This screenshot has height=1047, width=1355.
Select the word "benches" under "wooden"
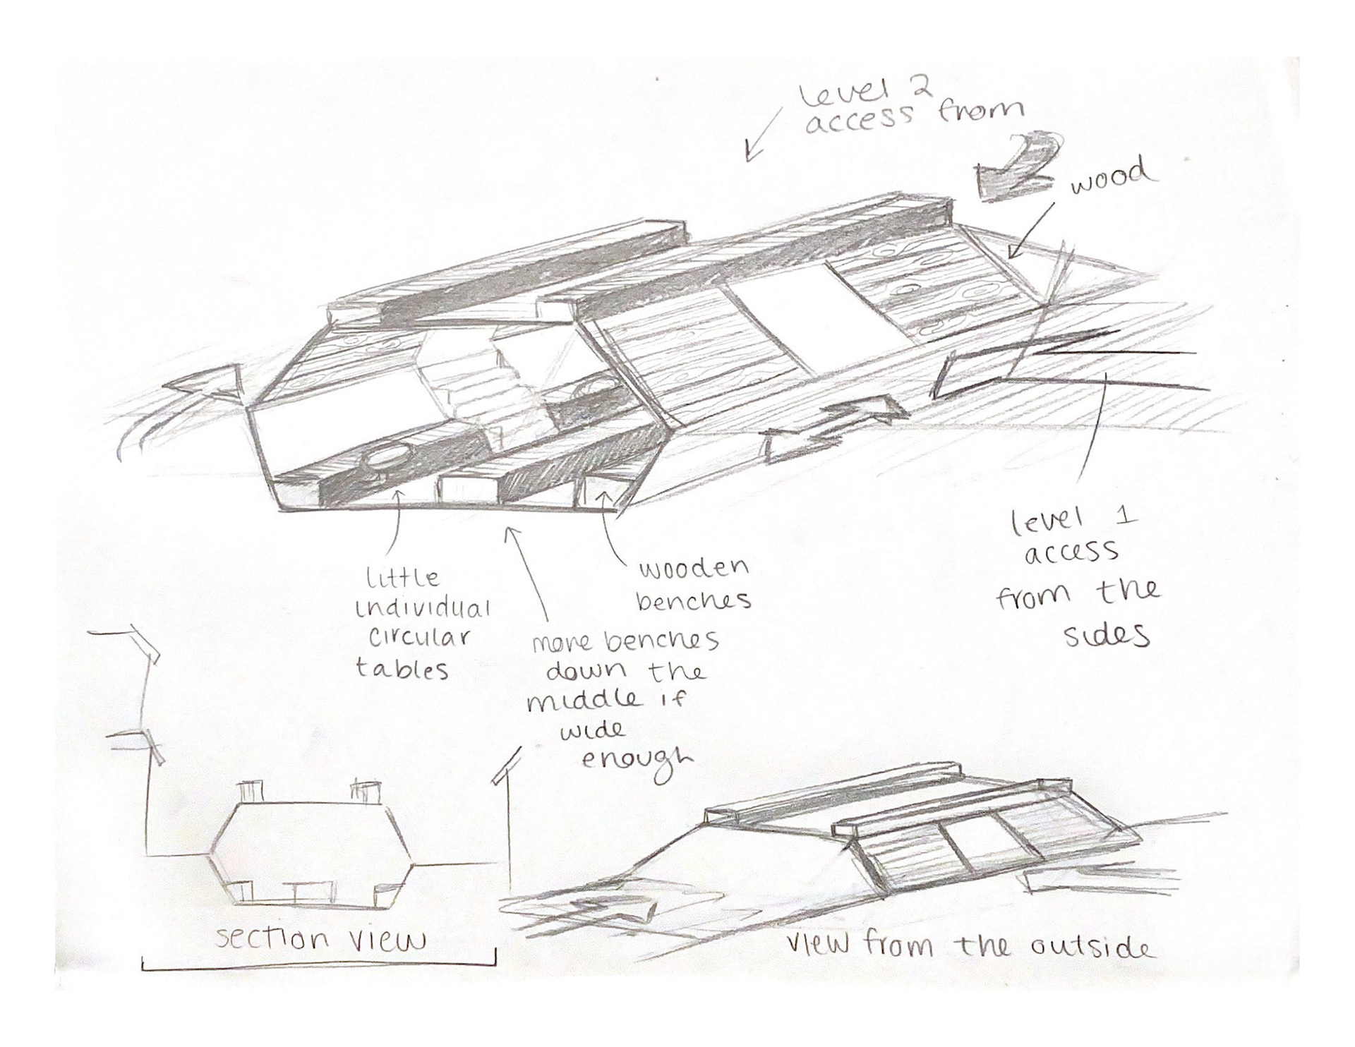694,601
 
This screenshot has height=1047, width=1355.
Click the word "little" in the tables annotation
402,578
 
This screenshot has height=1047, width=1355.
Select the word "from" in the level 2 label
980,111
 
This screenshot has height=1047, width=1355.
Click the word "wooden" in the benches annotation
692,569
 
